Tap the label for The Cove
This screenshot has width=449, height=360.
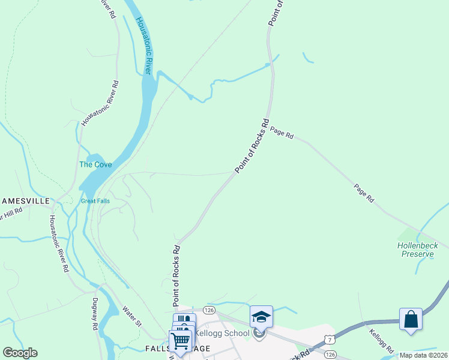point(95,164)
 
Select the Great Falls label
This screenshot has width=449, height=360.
point(95,201)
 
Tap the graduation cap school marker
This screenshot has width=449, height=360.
point(261,316)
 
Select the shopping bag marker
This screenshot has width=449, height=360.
point(411,319)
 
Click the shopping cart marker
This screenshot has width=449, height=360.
point(180,341)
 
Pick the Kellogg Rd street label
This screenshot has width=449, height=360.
point(381,341)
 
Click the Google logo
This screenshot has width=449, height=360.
point(20,353)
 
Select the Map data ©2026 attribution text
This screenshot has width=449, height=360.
point(423,355)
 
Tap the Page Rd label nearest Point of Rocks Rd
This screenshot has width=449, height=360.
point(281,133)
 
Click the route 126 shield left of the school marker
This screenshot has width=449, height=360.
point(208,310)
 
